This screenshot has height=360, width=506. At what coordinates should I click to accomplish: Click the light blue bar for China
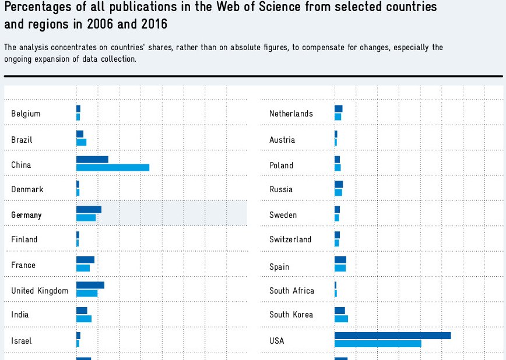[x=113, y=168]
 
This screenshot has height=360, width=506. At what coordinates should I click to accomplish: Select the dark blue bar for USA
[x=392, y=336]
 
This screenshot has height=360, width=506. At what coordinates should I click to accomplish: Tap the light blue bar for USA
[x=378, y=344]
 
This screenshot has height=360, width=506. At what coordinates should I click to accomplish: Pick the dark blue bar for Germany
[x=89, y=210]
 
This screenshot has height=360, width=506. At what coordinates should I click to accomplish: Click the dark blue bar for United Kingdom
[x=90, y=285]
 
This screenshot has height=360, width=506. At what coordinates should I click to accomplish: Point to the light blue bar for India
[x=84, y=319]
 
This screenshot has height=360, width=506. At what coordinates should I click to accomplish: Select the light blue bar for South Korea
[x=341, y=319]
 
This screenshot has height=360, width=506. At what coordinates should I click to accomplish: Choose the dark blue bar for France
[x=85, y=260]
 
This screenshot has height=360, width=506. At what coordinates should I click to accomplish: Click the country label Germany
[x=26, y=215]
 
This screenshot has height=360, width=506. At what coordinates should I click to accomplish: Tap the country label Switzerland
[x=290, y=239]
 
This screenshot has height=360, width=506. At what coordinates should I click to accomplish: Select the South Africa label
[x=291, y=291]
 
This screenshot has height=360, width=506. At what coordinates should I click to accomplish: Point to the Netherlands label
[x=291, y=114]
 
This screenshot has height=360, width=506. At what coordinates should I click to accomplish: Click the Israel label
[x=22, y=341]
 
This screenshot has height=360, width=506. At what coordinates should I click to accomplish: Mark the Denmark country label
[x=27, y=189]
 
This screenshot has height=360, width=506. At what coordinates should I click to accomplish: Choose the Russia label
[x=281, y=189]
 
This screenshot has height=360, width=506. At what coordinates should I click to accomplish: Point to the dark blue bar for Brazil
[x=80, y=134]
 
